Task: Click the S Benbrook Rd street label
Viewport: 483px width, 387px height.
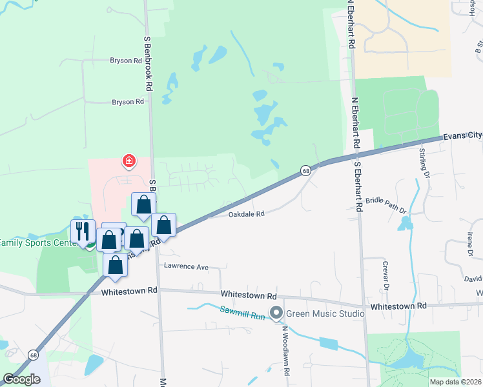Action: tap(148, 63)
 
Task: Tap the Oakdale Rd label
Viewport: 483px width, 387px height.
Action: tap(246, 214)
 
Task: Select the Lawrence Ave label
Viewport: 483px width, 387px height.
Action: tap(186, 266)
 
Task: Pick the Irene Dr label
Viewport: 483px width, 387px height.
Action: tap(469, 244)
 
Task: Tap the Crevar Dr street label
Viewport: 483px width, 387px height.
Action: tap(387, 274)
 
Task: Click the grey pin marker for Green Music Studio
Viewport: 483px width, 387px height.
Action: tap(277, 313)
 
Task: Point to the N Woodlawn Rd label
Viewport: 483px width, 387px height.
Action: tap(285, 353)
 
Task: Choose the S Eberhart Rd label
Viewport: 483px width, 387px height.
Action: tap(357, 183)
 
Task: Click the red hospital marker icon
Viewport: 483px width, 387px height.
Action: tap(129, 160)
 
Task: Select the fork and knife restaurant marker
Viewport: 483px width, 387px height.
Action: tap(83, 231)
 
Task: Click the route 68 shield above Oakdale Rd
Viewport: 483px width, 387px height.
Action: tap(305, 171)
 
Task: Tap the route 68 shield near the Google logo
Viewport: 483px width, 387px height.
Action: tap(33, 354)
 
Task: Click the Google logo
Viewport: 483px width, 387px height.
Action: tap(22, 379)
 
